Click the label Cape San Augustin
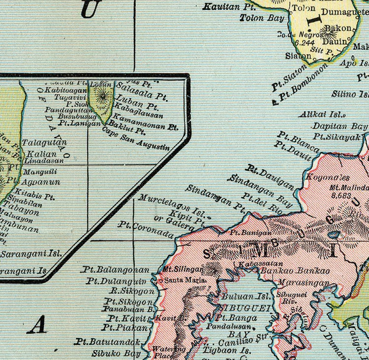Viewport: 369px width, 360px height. (136, 138)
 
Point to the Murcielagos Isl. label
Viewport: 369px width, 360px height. (172, 206)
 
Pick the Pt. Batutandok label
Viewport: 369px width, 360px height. (108, 341)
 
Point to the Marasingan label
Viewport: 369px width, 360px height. (297, 283)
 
